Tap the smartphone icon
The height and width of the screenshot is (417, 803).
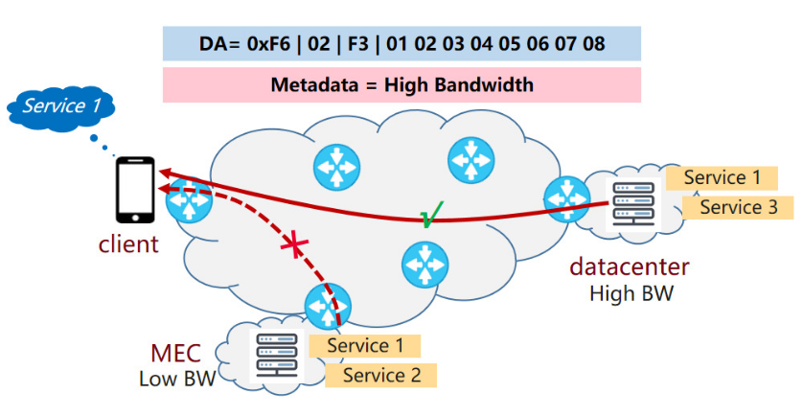point(134,192)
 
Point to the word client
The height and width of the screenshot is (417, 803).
point(128,243)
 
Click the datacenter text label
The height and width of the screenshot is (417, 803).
point(629,266)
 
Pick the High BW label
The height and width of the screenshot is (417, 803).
point(631,293)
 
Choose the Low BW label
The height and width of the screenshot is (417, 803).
point(177,379)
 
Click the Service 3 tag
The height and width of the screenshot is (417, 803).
point(736,207)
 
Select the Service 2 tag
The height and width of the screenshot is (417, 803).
point(381,375)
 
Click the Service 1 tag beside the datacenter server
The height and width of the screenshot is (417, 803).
point(722,177)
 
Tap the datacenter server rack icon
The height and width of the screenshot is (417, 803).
point(633,204)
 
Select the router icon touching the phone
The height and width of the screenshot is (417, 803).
point(187,201)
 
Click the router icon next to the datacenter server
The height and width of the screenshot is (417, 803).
point(566,197)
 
